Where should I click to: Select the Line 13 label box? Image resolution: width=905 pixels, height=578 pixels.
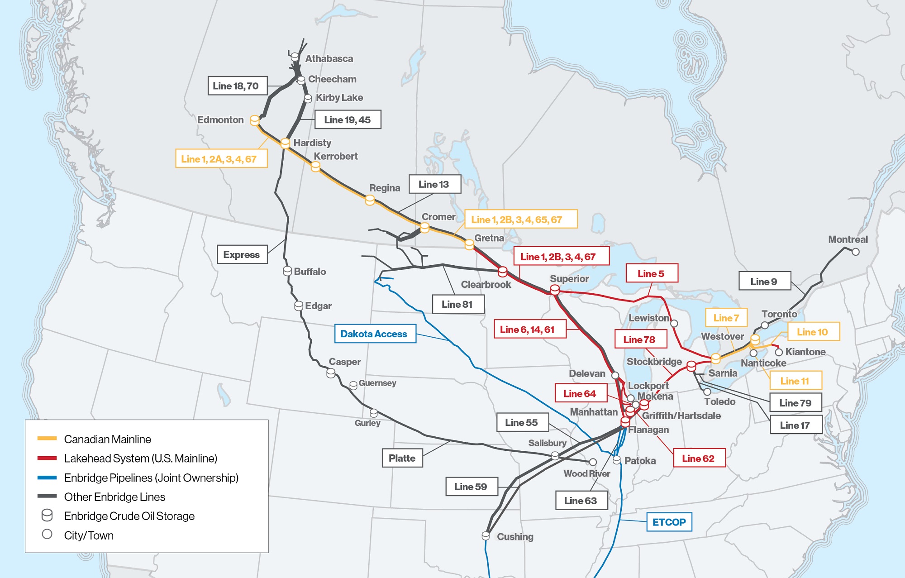coord(434,184)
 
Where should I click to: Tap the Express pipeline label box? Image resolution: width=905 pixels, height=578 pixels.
coord(242,254)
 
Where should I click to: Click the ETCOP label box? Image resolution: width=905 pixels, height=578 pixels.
coord(669,522)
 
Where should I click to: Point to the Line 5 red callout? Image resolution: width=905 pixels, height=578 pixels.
coord(652,273)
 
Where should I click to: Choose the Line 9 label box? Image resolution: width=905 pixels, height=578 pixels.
coord(764,281)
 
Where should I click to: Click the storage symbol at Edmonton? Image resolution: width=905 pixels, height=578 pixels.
coord(255,120)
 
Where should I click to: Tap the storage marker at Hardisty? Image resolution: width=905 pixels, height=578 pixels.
coord(285,143)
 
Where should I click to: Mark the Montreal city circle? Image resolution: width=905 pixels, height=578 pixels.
coord(855,252)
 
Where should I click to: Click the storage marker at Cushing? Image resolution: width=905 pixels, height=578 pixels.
coord(486,536)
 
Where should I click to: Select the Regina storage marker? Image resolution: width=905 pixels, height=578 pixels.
coord(370,200)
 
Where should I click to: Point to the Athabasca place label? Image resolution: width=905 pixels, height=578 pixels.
coord(329,58)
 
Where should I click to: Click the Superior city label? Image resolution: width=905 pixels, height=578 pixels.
coord(569,279)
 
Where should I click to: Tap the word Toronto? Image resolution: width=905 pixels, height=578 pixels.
coord(779,314)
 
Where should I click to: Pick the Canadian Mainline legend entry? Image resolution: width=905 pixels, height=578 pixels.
coord(108,439)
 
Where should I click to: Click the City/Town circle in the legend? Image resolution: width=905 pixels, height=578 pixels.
coord(47,534)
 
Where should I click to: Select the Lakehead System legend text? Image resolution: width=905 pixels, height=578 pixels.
coord(140,459)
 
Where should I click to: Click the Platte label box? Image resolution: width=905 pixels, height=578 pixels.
coord(402,458)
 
